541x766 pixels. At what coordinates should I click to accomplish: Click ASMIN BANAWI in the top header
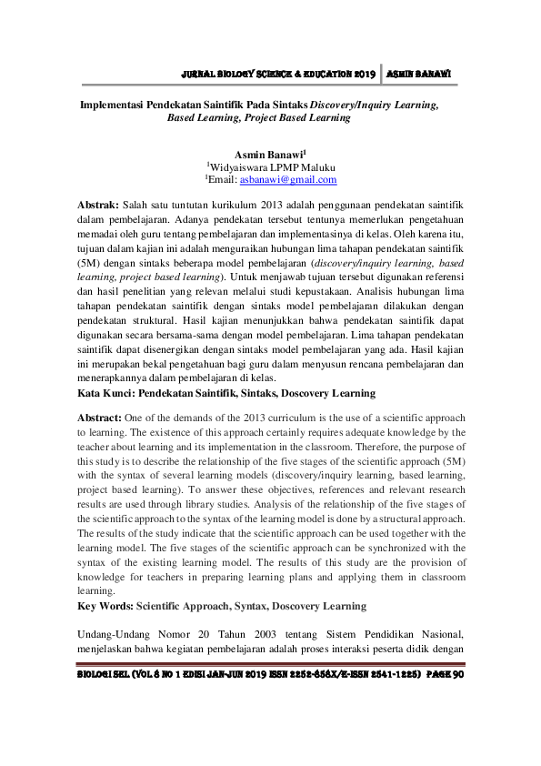pyautogui.click(x=420, y=74)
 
